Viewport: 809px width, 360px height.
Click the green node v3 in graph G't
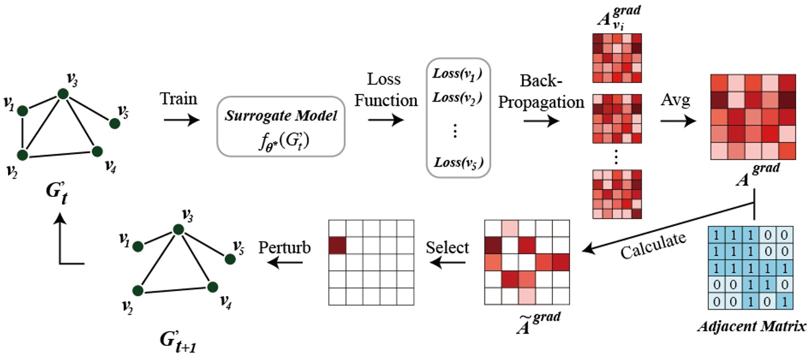[x=62, y=94]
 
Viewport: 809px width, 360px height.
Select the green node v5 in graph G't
[x=114, y=124]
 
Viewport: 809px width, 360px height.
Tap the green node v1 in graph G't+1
[x=139, y=246]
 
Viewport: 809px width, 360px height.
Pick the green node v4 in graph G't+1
[x=212, y=287]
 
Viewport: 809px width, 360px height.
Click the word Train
[x=179, y=98]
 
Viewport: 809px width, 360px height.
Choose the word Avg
[x=675, y=98]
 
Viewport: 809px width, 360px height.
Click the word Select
[x=448, y=247]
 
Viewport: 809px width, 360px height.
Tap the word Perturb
[x=284, y=247]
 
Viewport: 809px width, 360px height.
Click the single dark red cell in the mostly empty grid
[x=337, y=245]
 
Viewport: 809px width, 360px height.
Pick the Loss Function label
[x=384, y=89]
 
